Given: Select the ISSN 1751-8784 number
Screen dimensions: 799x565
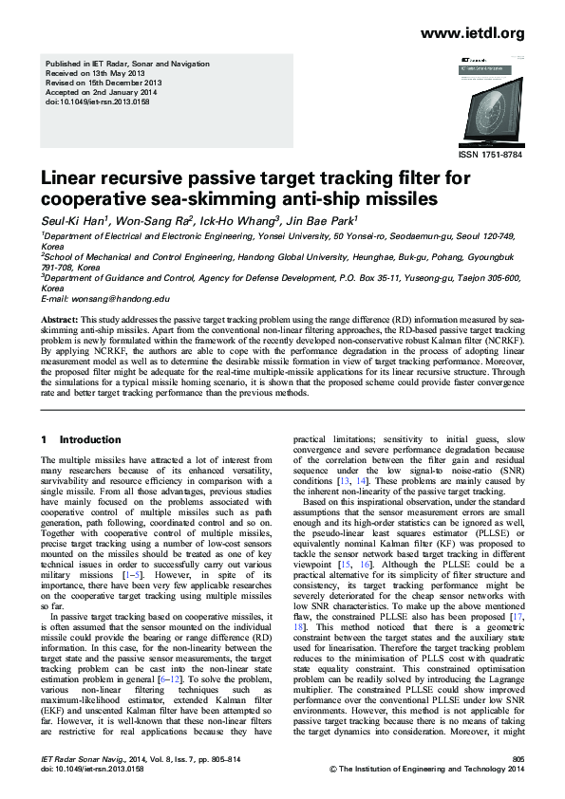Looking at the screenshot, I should pyautogui.click(x=490, y=155).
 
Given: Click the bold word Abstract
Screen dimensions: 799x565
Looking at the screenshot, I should pyautogui.click(x=61, y=321).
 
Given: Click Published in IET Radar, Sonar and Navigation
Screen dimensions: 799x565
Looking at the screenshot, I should pyautogui.click(x=126, y=64).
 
